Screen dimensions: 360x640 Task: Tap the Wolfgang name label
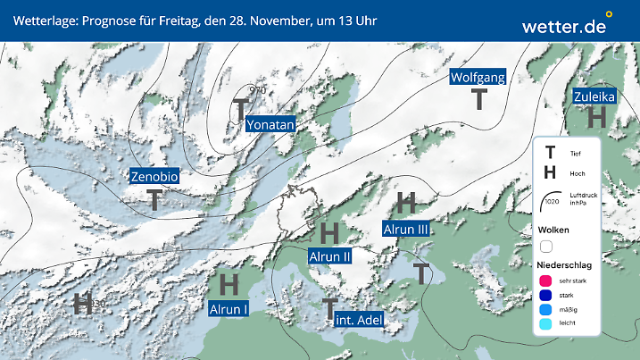478,77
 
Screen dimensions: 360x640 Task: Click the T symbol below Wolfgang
479,98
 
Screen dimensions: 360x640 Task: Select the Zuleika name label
594,96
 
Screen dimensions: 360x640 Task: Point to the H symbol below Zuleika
597,117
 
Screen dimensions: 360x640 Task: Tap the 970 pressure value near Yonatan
257,90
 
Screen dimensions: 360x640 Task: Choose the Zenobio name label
155,177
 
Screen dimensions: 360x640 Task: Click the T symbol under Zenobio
155,199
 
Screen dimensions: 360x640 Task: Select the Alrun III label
406,230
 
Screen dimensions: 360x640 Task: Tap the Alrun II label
329,257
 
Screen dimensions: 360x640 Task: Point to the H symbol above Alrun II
328,234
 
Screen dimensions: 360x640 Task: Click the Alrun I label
229,309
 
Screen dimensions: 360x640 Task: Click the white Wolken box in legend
546,246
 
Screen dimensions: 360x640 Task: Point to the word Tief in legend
575,154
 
